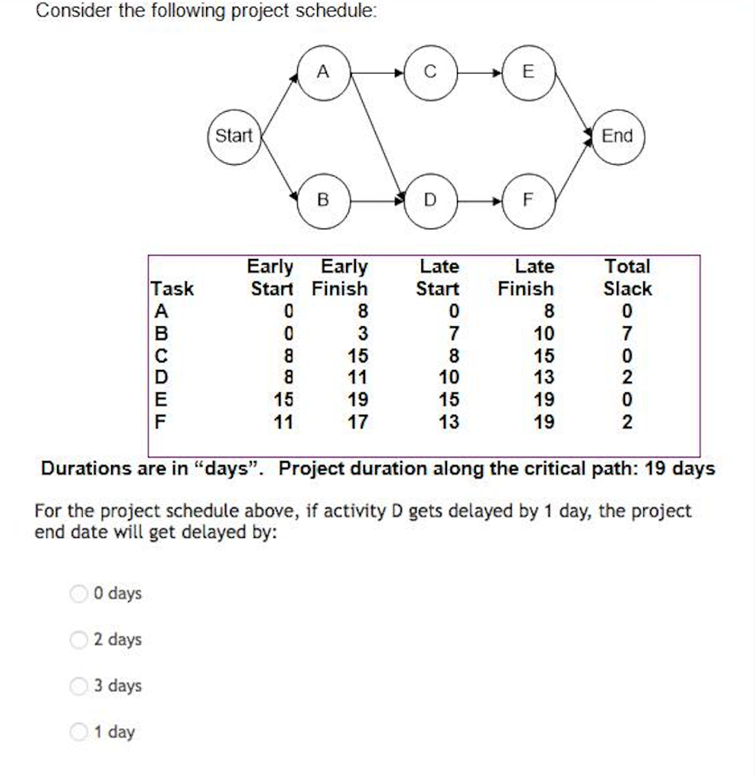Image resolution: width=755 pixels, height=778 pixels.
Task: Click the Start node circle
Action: (233, 137)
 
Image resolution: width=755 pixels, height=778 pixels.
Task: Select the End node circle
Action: (617, 137)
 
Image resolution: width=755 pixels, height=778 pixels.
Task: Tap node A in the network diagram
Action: (323, 72)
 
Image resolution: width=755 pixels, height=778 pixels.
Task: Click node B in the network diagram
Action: (323, 201)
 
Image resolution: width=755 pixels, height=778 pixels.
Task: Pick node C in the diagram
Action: (430, 72)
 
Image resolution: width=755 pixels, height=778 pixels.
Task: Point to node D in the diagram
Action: (430, 201)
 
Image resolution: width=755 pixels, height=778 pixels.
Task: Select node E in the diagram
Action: (529, 72)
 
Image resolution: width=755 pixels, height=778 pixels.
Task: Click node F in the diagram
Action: (529, 201)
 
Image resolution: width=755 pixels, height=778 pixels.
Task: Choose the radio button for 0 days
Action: (78, 593)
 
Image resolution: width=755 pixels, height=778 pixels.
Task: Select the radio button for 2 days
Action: (78, 640)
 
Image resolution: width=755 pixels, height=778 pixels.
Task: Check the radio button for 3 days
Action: (78, 686)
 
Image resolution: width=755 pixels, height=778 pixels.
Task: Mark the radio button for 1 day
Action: (78, 732)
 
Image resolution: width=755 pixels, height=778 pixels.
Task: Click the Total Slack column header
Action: (627, 277)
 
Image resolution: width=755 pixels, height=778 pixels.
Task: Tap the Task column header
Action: (173, 289)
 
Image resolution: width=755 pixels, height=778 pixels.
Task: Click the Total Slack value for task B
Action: (627, 334)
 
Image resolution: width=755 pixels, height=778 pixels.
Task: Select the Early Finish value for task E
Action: (357, 400)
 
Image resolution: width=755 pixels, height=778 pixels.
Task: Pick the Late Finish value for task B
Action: (544, 334)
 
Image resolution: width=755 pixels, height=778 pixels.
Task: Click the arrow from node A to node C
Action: (376, 73)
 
